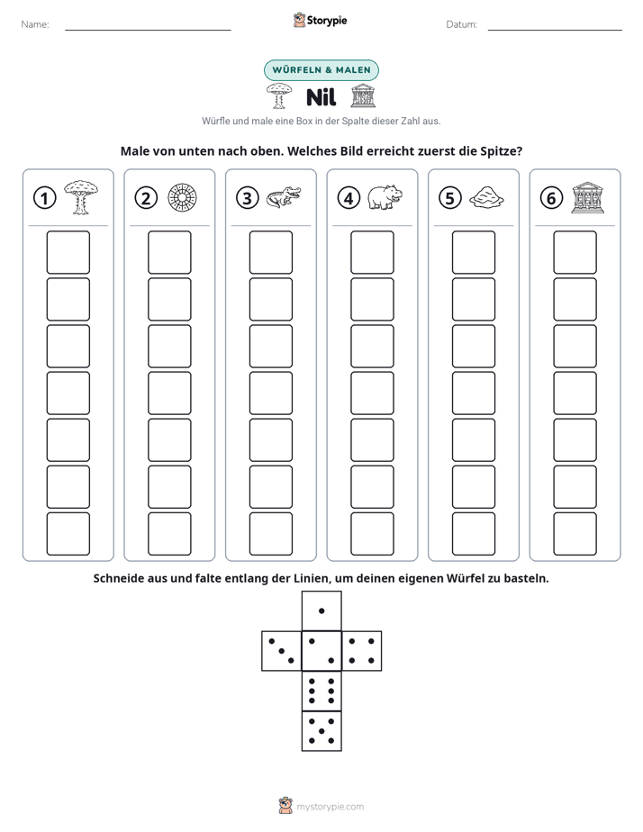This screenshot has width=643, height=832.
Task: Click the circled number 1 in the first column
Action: click(x=44, y=198)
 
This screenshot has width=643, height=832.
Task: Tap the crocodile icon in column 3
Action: click(x=284, y=197)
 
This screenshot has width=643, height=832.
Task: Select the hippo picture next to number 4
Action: click(x=385, y=197)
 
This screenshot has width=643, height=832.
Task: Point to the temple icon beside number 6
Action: click(x=587, y=197)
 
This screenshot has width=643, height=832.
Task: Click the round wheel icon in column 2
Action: click(x=182, y=198)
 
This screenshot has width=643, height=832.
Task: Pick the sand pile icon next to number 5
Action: click(x=486, y=197)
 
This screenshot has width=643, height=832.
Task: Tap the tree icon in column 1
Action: click(x=81, y=197)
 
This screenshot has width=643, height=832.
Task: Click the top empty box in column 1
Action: click(x=68, y=252)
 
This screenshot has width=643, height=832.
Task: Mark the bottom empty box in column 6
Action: click(x=575, y=534)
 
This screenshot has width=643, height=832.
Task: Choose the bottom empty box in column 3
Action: click(x=270, y=534)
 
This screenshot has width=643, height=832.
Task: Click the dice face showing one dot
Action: click(x=321, y=611)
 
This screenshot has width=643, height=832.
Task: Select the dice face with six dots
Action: click(x=321, y=691)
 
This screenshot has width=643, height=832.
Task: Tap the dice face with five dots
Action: click(x=321, y=731)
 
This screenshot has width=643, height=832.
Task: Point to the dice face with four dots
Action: click(x=362, y=651)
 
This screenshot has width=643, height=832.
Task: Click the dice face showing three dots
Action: click(x=282, y=651)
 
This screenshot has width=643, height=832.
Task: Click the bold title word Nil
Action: click(x=321, y=97)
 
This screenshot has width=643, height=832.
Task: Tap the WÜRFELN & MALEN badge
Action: click(x=321, y=70)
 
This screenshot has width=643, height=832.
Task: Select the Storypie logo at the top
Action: click(x=320, y=20)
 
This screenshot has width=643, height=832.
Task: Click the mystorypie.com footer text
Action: click(x=330, y=807)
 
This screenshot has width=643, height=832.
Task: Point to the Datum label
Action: click(x=462, y=24)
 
